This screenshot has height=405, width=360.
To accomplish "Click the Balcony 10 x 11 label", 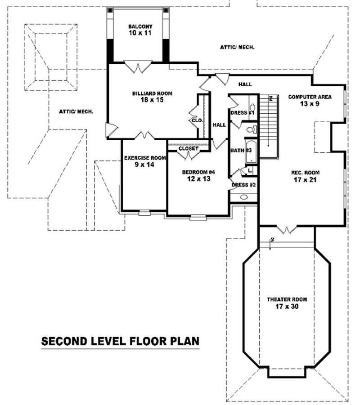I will (140, 30).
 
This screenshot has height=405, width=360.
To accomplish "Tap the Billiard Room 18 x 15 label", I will (152, 97).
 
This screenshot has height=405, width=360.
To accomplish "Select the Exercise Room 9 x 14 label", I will (144, 161).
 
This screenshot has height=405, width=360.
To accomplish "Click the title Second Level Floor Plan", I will (120, 341).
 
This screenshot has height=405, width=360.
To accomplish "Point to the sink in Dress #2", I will (243, 197).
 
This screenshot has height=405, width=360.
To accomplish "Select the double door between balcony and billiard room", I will (138, 67).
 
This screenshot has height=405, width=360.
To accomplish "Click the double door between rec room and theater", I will (286, 230).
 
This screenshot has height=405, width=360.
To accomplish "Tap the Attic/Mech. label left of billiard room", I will (76, 111).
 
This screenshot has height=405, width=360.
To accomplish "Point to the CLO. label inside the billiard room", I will (197, 120).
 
